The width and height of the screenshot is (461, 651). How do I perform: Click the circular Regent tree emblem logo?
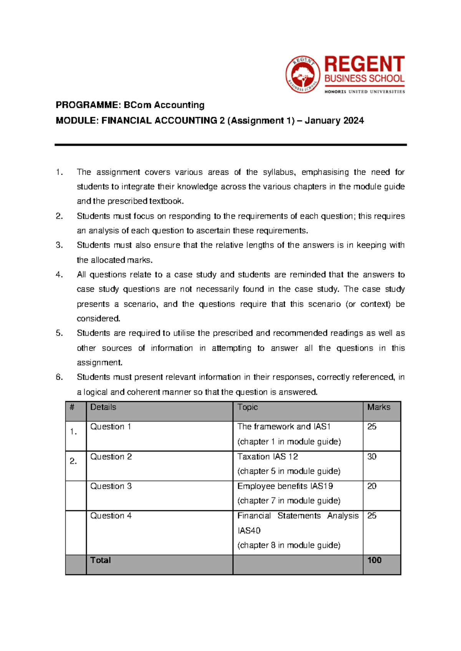pyautogui.click(x=303, y=74)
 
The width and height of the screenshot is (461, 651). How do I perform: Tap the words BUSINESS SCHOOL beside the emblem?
pyautogui.click(x=364, y=79)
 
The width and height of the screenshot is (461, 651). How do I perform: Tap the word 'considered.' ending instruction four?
pyautogui.click(x=98, y=319)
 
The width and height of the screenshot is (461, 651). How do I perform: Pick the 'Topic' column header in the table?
pyautogui.click(x=247, y=407)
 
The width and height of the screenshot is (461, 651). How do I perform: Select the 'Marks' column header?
pyautogui.click(x=378, y=407)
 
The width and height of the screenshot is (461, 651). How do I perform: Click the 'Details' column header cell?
pyautogui.click(x=103, y=407)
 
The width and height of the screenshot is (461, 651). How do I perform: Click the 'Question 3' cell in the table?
pyautogui.click(x=111, y=486)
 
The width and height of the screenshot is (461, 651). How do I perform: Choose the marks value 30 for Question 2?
pyautogui.click(x=371, y=457)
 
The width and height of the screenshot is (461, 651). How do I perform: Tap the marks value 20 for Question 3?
pyautogui.click(x=371, y=486)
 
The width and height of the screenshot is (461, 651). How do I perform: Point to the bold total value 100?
pyautogui.click(x=374, y=560)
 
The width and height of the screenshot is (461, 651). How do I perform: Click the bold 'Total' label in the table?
pyautogui.click(x=100, y=560)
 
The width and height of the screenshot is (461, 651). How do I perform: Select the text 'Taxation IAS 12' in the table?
pyautogui.click(x=267, y=457)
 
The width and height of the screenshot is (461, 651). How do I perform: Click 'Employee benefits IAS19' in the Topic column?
pyautogui.click(x=285, y=486)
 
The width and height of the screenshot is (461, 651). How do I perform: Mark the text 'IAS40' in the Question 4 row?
pyautogui.click(x=249, y=531)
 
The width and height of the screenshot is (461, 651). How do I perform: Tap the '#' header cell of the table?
pyautogui.click(x=72, y=407)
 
